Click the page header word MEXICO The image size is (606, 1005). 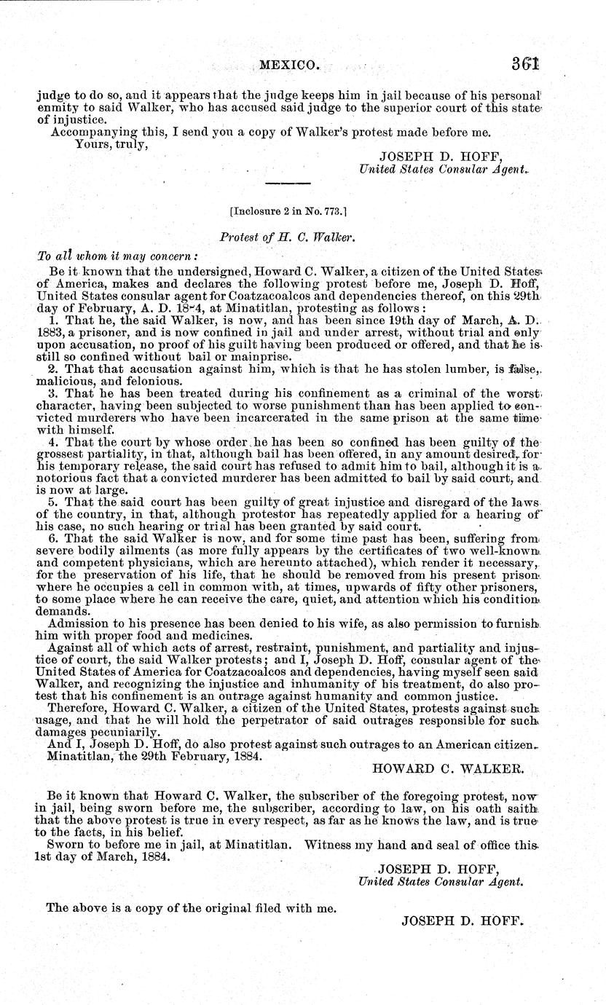pyautogui.click(x=288, y=65)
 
